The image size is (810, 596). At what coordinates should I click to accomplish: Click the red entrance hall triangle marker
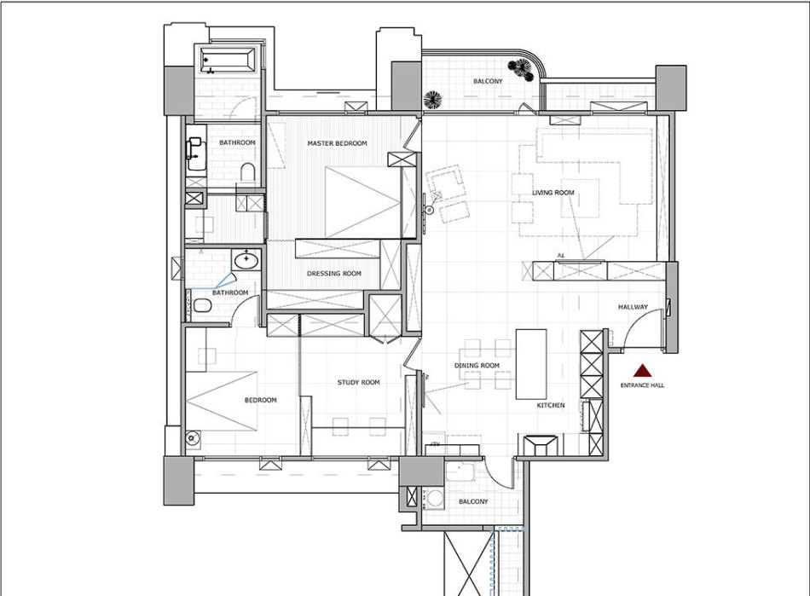(x=642, y=370)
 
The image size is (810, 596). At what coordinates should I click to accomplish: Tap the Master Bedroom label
(x=338, y=143)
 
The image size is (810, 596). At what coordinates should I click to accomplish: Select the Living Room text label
(x=553, y=193)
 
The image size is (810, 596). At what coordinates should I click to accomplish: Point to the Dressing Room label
(x=334, y=273)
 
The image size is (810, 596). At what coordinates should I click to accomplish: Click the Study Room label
(x=358, y=382)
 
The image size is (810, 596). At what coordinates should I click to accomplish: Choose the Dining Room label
(x=477, y=365)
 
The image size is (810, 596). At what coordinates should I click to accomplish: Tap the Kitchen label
(x=551, y=405)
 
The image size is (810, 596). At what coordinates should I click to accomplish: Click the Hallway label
(x=633, y=307)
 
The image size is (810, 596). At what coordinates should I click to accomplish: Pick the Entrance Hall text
(x=642, y=385)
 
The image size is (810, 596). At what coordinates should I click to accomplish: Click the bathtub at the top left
(x=228, y=60)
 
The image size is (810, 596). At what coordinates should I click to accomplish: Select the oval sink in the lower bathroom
(x=246, y=260)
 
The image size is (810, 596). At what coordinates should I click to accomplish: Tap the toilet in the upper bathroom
(x=248, y=173)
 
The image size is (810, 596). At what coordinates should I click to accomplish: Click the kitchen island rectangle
(x=531, y=364)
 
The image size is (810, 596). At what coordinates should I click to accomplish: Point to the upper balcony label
(x=488, y=81)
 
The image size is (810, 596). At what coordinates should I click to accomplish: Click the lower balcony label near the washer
(x=472, y=501)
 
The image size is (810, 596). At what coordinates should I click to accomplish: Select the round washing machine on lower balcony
(x=435, y=499)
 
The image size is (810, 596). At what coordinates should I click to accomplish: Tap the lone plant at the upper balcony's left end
(x=432, y=100)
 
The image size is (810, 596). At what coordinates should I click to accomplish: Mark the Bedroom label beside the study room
(x=260, y=400)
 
